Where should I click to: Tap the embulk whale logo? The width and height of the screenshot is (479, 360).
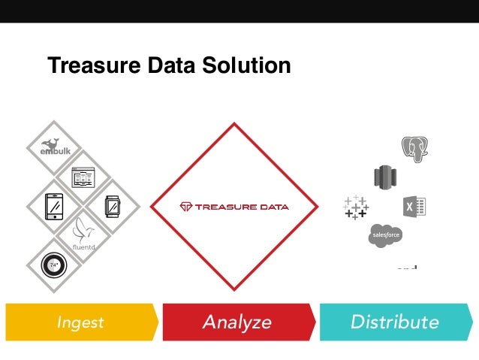[54, 147]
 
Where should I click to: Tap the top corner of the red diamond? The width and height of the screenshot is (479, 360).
[236, 125]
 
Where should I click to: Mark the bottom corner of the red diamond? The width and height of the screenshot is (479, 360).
[236, 288]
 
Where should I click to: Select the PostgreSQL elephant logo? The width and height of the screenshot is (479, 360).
[414, 149]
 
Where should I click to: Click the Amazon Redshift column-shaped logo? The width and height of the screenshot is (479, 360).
[384, 177]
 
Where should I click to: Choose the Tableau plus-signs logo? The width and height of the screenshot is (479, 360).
[355, 207]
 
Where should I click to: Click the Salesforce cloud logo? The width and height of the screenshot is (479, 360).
[385, 236]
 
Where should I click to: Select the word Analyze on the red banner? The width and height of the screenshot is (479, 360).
[236, 322]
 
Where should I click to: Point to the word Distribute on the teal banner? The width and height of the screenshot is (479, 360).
[393, 322]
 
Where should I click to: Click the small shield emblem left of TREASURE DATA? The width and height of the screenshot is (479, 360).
[186, 207]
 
